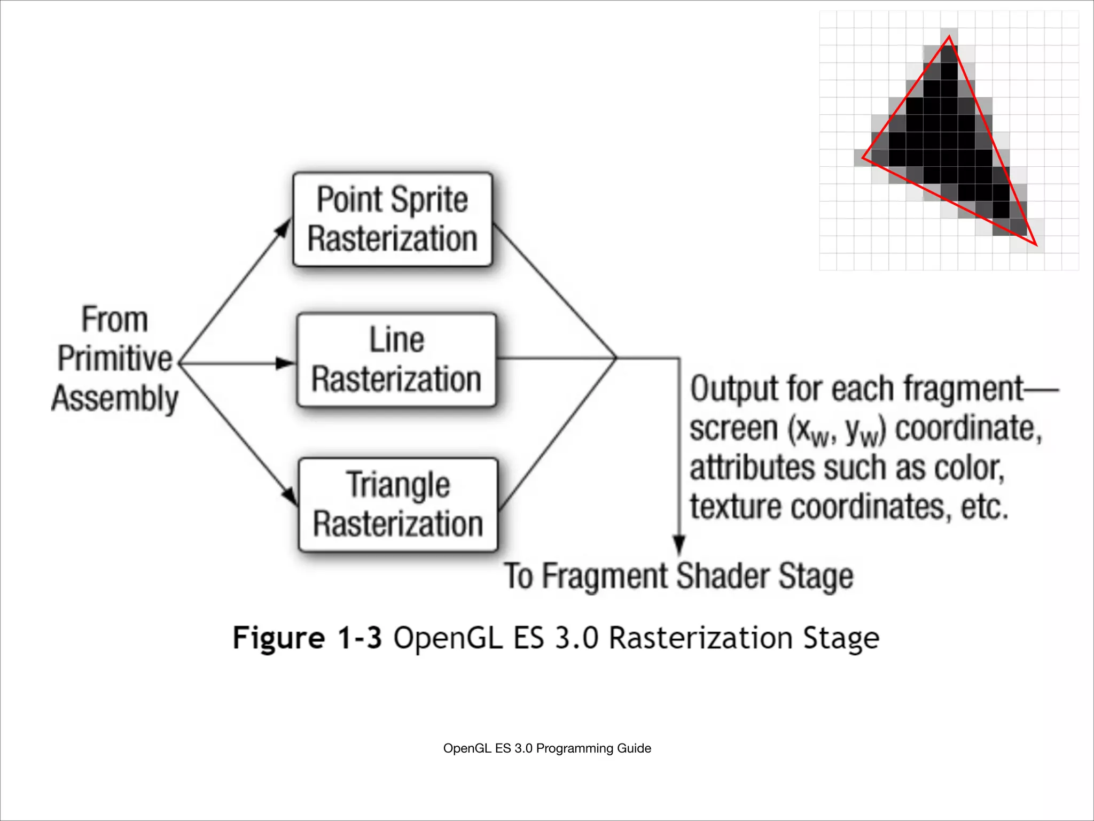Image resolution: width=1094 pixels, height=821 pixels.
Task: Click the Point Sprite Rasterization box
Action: [393, 219]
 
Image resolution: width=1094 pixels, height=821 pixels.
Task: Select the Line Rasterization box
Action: [396, 360]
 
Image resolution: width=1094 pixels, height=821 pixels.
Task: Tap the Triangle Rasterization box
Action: [398, 505]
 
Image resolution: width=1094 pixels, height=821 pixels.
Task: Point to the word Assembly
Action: [115, 399]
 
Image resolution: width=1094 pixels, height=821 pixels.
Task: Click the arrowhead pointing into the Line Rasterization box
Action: [285, 363]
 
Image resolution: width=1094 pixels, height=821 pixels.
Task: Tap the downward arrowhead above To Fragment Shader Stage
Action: [679, 545]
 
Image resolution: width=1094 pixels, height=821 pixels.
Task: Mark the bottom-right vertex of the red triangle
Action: [1036, 245]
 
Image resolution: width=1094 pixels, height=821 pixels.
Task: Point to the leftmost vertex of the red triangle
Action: [863, 158]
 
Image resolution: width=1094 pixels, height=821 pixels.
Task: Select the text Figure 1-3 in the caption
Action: [307, 638]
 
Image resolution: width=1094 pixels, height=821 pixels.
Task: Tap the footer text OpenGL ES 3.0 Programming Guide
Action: [547, 748]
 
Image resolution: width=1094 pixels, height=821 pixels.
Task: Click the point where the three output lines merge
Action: [616, 358]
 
